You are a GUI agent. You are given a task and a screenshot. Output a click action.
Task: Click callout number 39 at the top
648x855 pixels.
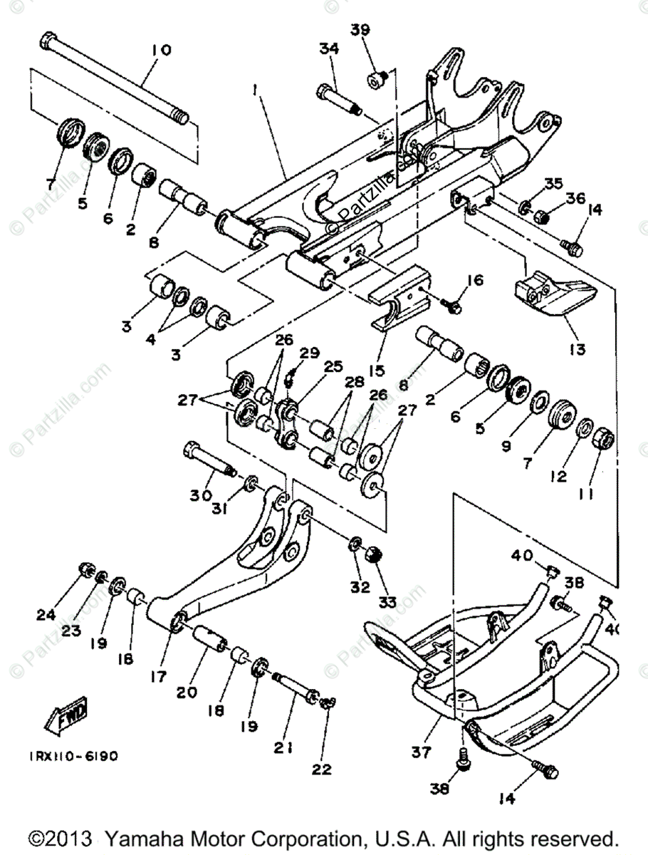click(361, 30)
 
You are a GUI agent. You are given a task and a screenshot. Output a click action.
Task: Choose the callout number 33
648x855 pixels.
click(387, 602)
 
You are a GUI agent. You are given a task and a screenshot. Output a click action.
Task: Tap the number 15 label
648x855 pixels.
click(376, 370)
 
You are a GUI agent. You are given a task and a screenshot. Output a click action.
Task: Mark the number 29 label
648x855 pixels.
click(308, 353)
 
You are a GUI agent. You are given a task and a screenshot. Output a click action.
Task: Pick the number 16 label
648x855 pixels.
click(475, 281)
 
